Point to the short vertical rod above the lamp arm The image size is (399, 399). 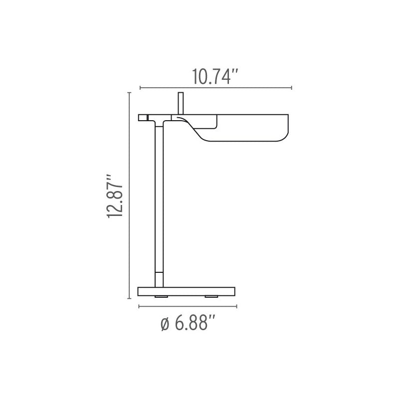pyautogui.click(x=181, y=103)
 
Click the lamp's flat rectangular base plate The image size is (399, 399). pyautogui.click(x=187, y=291)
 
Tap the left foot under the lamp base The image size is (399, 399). pyautogui.click(x=161, y=297)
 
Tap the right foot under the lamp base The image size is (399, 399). pyautogui.click(x=212, y=297)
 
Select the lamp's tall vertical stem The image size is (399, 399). pyautogui.click(x=159, y=199)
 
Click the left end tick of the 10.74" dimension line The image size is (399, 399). pyautogui.click(x=140, y=88)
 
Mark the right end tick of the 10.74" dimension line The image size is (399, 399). pyautogui.click(x=292, y=88)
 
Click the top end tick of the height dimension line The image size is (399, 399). pyautogui.click(x=130, y=93)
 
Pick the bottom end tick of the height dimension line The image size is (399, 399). pyautogui.click(x=130, y=298)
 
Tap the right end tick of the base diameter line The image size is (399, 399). pyautogui.click(x=236, y=306)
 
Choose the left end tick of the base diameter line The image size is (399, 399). pyautogui.click(x=139, y=306)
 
